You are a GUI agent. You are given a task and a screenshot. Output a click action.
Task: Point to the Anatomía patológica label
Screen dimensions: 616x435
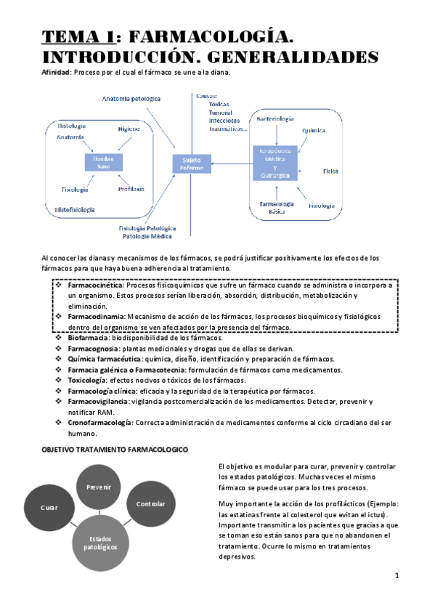click(131, 98)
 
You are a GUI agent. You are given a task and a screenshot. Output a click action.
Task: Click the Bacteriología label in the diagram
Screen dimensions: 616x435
click(275, 118)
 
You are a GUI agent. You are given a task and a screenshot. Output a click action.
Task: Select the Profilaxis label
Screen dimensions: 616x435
click(131, 189)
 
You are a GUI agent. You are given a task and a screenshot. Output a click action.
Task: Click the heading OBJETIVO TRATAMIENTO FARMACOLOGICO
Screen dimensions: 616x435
click(113, 450)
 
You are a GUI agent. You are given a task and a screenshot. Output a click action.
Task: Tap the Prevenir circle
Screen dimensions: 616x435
click(98, 487)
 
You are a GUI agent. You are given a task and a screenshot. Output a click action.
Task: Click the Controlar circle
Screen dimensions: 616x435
click(150, 504)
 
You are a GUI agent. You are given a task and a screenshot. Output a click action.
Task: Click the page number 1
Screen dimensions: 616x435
click(397, 576)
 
